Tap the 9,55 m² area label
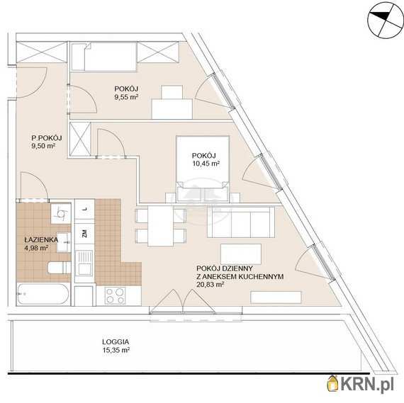coord(125,97)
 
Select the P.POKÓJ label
coord(47,138)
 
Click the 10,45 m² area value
coord(206,164)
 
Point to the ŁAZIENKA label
coord(41,239)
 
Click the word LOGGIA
coord(116,342)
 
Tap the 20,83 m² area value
coord(210,285)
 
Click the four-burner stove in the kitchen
coord(115,295)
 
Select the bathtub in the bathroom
coord(43,294)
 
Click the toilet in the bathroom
coord(60,268)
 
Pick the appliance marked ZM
coord(84,234)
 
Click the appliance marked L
coord(84,209)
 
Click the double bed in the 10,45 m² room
coord(203,169)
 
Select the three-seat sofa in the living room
coord(241,222)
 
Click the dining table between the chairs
coord(160,226)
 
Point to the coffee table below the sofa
coord(241,254)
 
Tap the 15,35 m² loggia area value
coord(116,350)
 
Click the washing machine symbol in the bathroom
coord(61,213)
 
